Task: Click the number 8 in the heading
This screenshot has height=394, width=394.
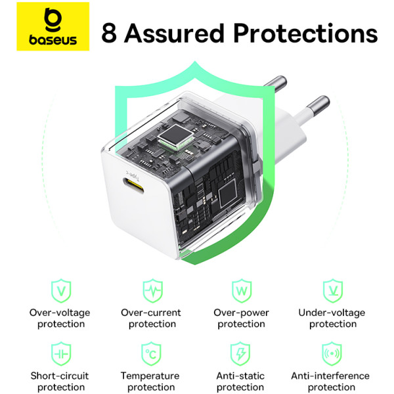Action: [x=110, y=33]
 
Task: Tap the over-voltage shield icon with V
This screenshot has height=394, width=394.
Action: [x=60, y=290]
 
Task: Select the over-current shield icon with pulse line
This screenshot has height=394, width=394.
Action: [x=152, y=290]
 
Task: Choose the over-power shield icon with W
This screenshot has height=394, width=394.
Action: [x=241, y=290]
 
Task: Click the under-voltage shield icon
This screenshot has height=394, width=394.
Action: [x=333, y=290]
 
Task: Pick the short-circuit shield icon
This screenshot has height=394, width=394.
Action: [x=60, y=353]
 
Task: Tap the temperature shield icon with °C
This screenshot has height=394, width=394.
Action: [x=152, y=353]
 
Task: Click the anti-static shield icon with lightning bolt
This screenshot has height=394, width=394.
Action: [x=241, y=353]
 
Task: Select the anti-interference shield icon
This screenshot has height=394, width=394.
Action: [x=333, y=353]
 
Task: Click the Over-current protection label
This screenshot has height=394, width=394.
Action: [x=152, y=318]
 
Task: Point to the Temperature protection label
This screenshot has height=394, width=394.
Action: [x=150, y=382]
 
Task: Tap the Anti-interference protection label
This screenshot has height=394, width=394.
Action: [x=332, y=382]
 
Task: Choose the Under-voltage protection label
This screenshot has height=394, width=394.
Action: [x=332, y=318]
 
